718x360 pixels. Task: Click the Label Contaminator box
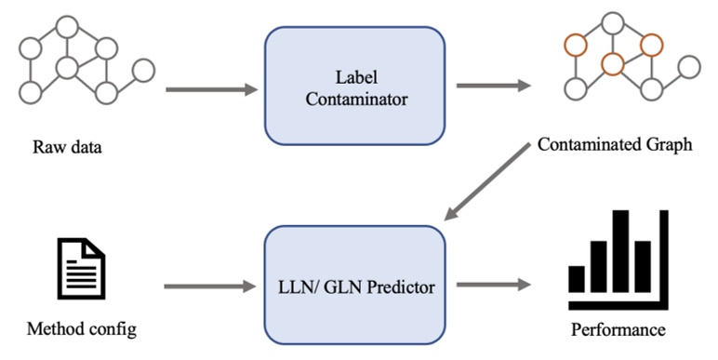pos(352,85)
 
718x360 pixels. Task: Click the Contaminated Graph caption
pos(615,147)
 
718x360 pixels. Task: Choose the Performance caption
pos(618,330)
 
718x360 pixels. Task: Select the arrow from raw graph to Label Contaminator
pos(210,90)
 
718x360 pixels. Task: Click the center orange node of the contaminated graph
pos(612,64)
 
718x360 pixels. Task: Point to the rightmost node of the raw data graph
pos(143,70)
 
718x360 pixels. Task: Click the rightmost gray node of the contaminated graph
pos(688,67)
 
